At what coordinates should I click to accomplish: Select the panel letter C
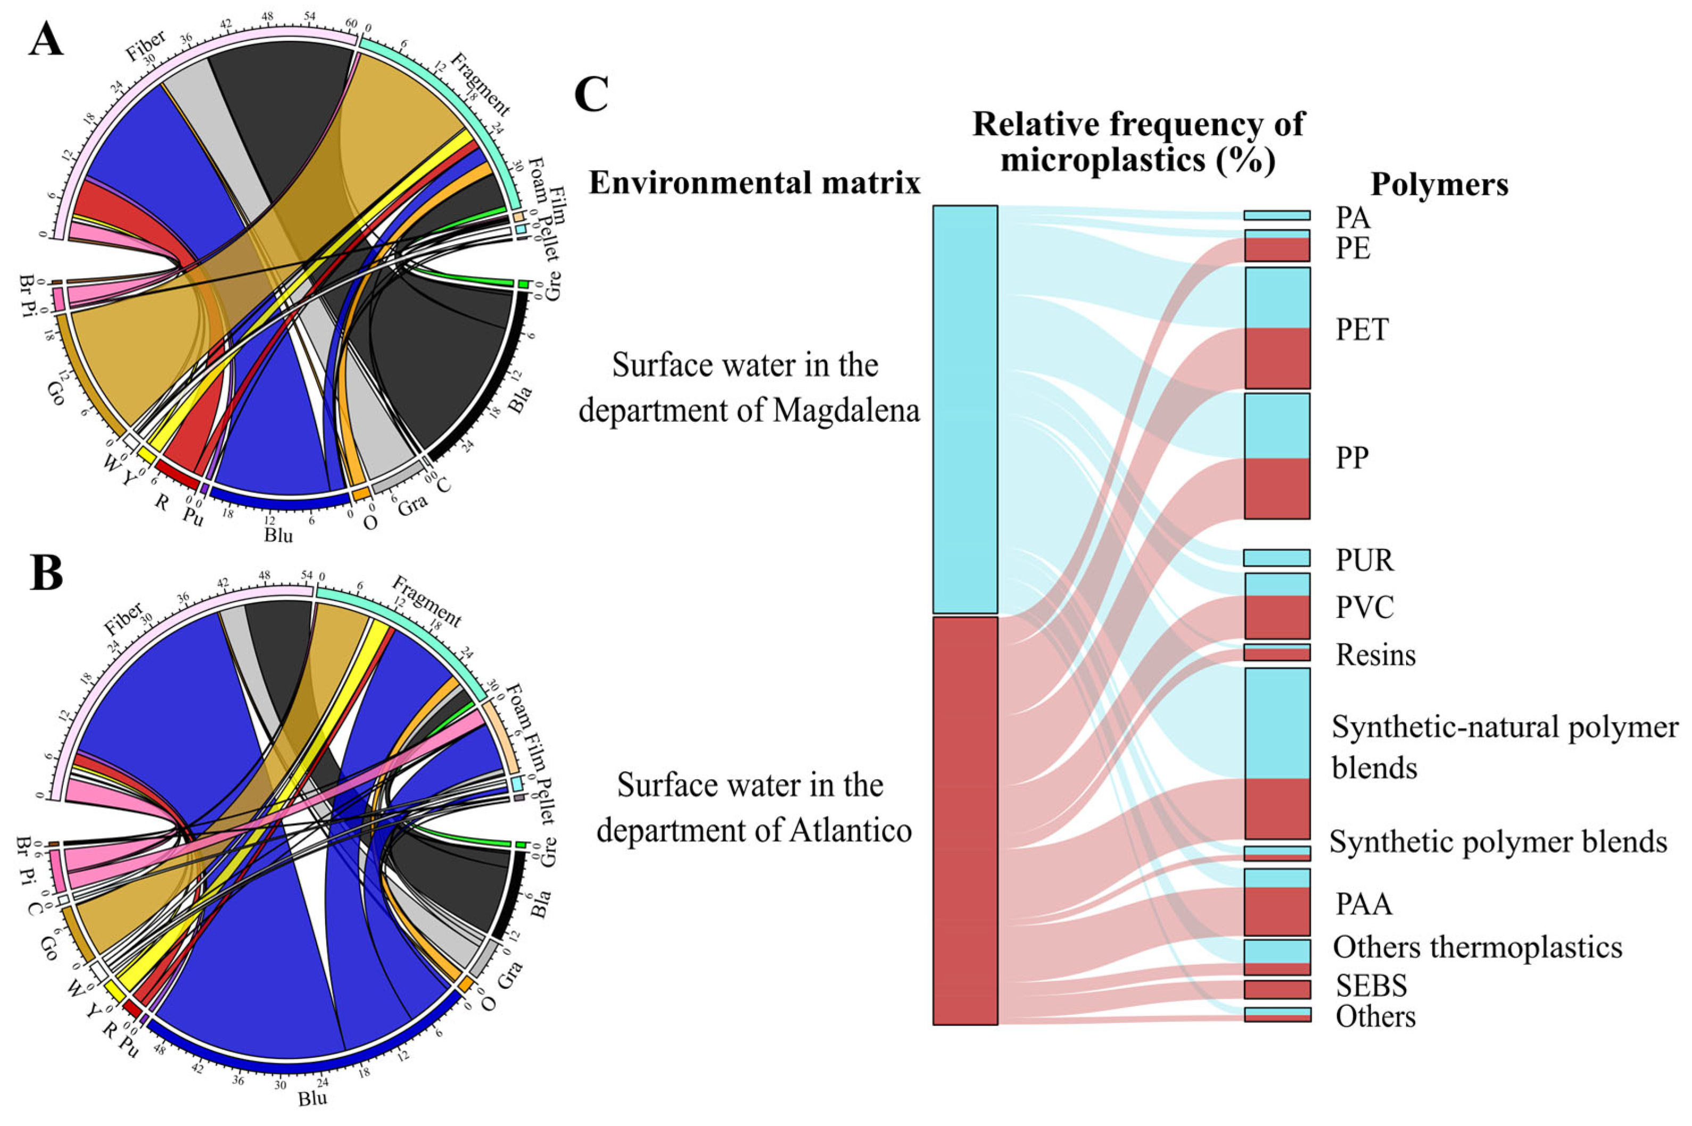(x=591, y=96)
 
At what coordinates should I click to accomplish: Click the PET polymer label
(x=1361, y=330)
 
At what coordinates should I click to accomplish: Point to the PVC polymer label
(x=1364, y=607)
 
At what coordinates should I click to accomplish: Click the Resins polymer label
(x=1375, y=655)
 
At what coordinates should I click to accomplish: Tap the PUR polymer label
(x=1364, y=560)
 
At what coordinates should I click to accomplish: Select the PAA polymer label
(x=1363, y=904)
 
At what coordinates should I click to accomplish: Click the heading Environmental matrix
(x=754, y=183)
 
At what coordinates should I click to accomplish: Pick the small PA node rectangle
(x=1277, y=215)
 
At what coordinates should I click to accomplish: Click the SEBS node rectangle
(x=1277, y=989)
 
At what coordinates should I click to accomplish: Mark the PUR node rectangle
(x=1277, y=558)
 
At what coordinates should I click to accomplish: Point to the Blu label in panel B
(x=312, y=1098)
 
